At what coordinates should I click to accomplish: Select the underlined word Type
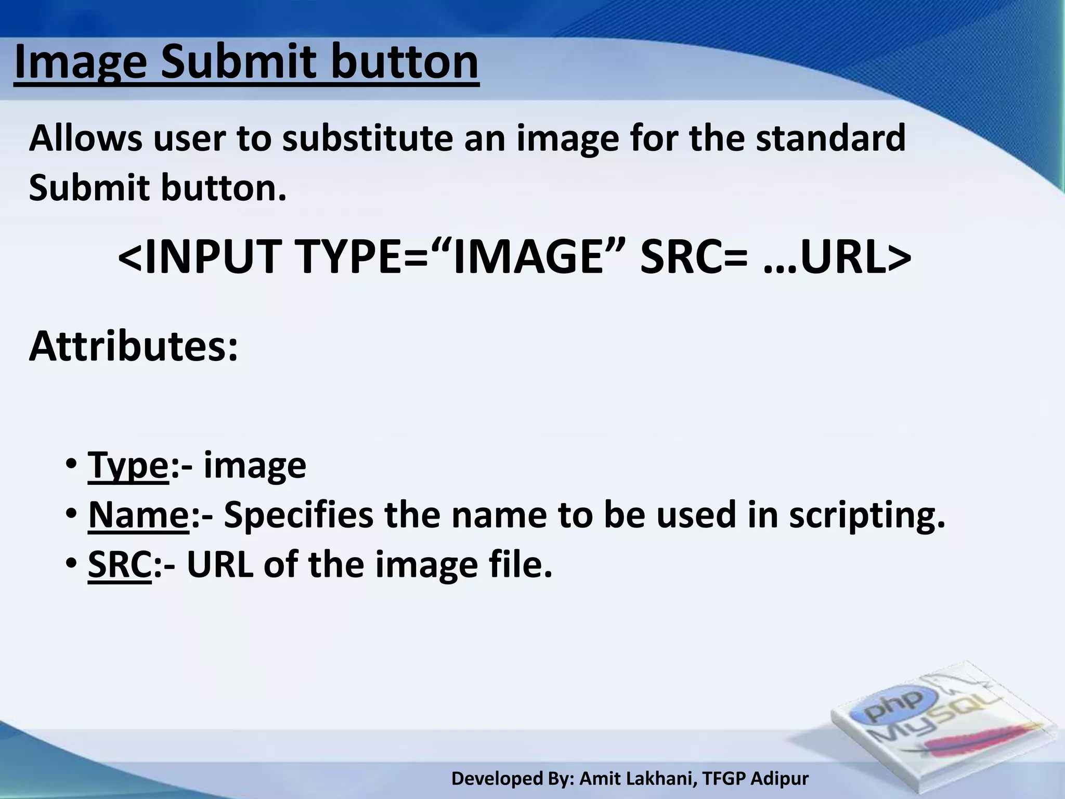[x=128, y=466]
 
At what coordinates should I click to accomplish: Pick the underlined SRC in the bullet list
[x=120, y=564]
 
